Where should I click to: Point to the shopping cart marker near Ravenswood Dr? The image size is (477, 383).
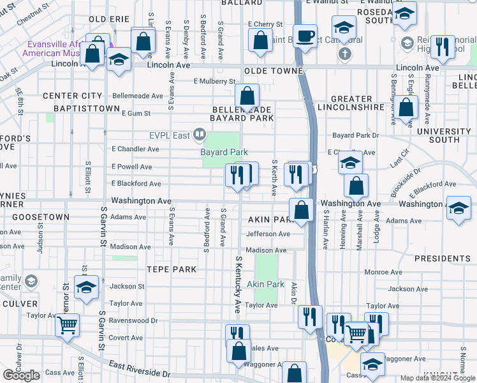pyautogui.click(x=67, y=325)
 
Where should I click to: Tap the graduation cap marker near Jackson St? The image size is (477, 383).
pyautogui.click(x=87, y=287)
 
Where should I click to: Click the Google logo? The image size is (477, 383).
pyautogui.click(x=21, y=375)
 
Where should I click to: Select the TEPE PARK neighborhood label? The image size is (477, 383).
pyautogui.click(x=172, y=269)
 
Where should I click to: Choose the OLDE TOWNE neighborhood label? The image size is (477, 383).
pyautogui.click(x=267, y=71)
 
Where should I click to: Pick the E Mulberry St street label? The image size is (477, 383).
pyautogui.click(x=215, y=82)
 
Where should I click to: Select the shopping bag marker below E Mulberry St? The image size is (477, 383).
pyautogui.click(x=247, y=96)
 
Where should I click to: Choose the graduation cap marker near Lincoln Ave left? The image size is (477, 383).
pyautogui.click(x=119, y=61)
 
